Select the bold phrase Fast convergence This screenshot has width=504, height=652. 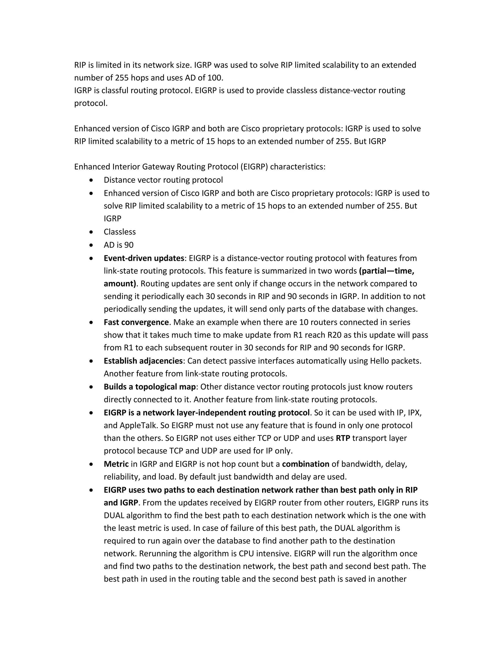pos(136,322)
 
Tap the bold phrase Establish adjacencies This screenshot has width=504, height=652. pos(143,361)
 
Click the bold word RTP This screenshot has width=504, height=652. pos(343,438)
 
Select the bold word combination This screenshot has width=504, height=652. pos(305,464)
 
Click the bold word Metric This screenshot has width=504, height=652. pos(116,464)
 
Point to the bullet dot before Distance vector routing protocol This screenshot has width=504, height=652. pos(91,180)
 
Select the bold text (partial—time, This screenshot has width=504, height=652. pos(387,271)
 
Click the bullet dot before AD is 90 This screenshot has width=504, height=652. pos(91,245)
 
